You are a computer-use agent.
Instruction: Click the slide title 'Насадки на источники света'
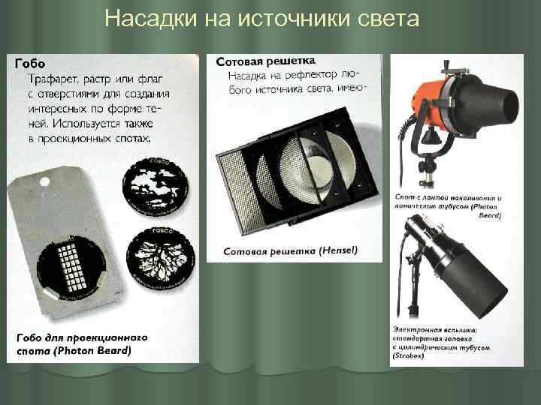tap(261, 17)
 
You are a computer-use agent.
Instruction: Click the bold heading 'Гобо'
tap(29, 64)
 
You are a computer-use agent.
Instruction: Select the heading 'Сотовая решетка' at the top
tap(266, 60)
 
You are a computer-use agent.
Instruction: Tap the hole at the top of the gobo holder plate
tap(44, 181)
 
